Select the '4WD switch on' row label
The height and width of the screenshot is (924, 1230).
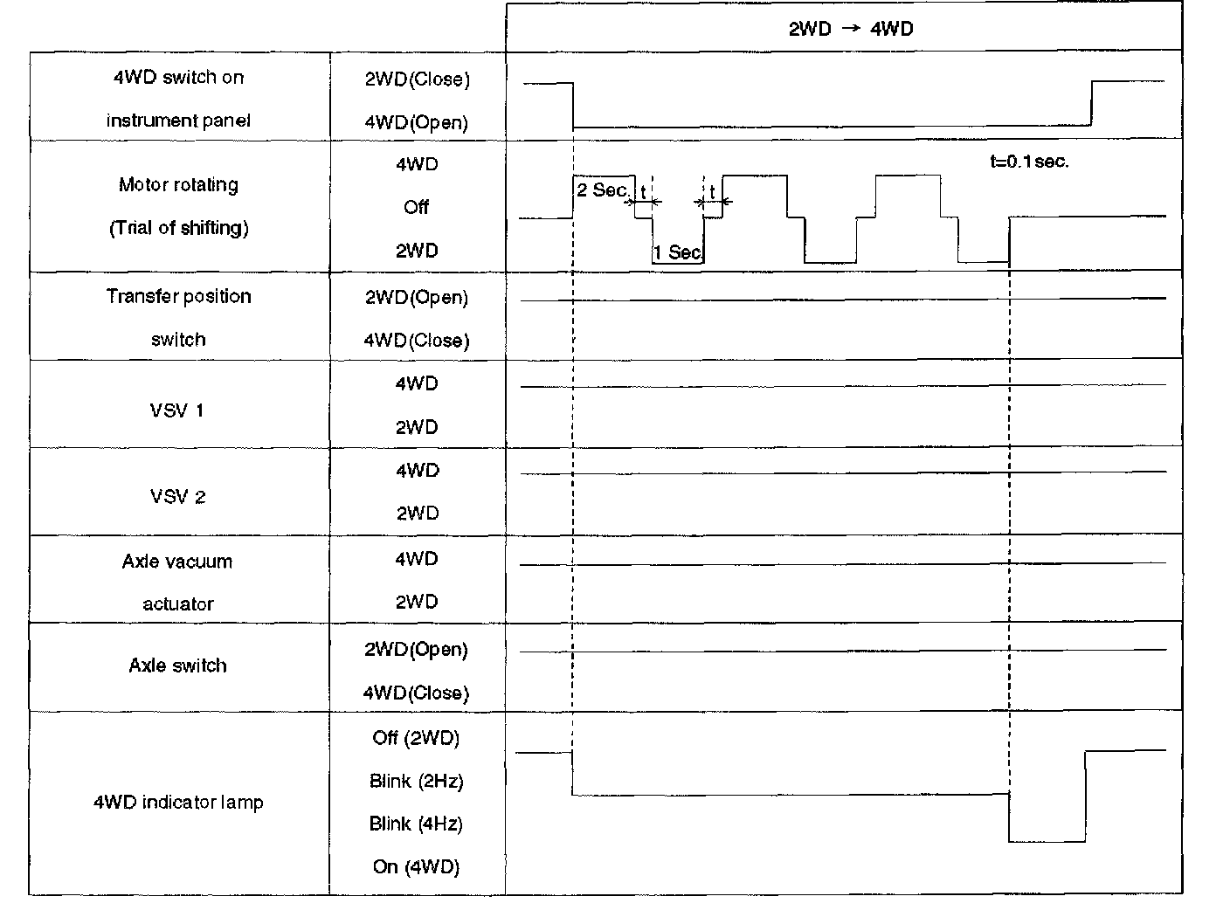[178, 78]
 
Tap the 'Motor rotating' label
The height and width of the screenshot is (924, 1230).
[178, 185]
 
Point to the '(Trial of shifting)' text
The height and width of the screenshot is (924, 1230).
[178, 228]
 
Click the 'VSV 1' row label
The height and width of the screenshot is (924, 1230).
[177, 410]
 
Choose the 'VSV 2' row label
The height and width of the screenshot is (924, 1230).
[177, 497]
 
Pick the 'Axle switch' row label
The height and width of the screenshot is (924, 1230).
[177, 665]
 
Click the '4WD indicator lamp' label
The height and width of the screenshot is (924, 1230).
[178, 802]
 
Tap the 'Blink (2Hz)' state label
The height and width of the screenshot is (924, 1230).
[416, 781]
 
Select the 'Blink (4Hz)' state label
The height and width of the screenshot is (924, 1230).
[416, 824]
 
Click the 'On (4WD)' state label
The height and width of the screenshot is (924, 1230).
[416, 866]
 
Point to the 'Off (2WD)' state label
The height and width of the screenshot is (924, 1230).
[416, 738]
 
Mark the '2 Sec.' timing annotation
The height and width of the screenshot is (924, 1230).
[603, 190]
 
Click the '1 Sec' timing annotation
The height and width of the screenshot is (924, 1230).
[677, 252]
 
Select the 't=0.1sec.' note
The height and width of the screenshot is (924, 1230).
[1029, 162]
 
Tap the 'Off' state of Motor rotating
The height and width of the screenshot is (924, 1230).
[416, 207]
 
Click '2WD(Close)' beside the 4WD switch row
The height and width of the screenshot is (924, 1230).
[417, 79]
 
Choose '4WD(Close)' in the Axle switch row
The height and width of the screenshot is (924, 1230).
[416, 693]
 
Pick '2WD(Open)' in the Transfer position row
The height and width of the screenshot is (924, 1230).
[416, 298]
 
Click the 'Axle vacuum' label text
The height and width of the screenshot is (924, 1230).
[177, 562]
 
